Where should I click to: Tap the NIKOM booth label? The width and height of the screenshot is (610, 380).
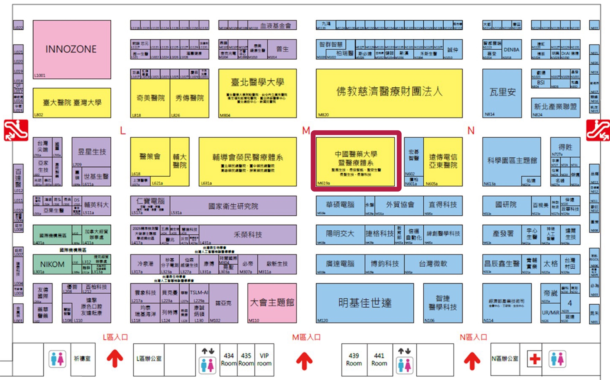pyautogui.click(x=52, y=264)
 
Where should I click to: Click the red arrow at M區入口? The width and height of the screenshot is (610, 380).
pyautogui.click(x=304, y=361)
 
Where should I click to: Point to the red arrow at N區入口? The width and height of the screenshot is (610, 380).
pyautogui.click(x=472, y=361)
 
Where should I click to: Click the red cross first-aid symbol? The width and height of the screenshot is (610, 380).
pyautogui.click(x=535, y=359)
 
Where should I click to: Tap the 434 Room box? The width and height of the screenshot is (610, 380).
pyautogui.click(x=229, y=360)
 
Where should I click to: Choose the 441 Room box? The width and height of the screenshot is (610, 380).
pyautogui.click(x=379, y=360)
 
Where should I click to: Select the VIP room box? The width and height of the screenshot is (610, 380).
pyautogui.click(x=264, y=360)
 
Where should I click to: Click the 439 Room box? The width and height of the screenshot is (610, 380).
pyautogui.click(x=354, y=360)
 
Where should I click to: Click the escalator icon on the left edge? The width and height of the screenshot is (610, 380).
pyautogui.click(x=16, y=130)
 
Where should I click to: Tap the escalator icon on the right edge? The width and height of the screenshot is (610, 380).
pyautogui.click(x=598, y=130)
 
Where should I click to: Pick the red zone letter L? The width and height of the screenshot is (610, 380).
pyautogui.click(x=123, y=131)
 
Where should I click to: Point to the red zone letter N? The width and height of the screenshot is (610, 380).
pyautogui.click(x=471, y=131)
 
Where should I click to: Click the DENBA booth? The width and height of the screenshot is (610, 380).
pyautogui.click(x=511, y=50)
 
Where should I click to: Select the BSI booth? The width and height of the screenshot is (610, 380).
pyautogui.click(x=541, y=83)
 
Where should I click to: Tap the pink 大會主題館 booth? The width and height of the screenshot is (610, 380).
pyautogui.click(x=272, y=303)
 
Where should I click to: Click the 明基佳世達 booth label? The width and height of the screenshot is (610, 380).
pyautogui.click(x=364, y=303)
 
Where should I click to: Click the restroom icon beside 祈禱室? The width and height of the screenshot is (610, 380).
pyautogui.click(x=57, y=359)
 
